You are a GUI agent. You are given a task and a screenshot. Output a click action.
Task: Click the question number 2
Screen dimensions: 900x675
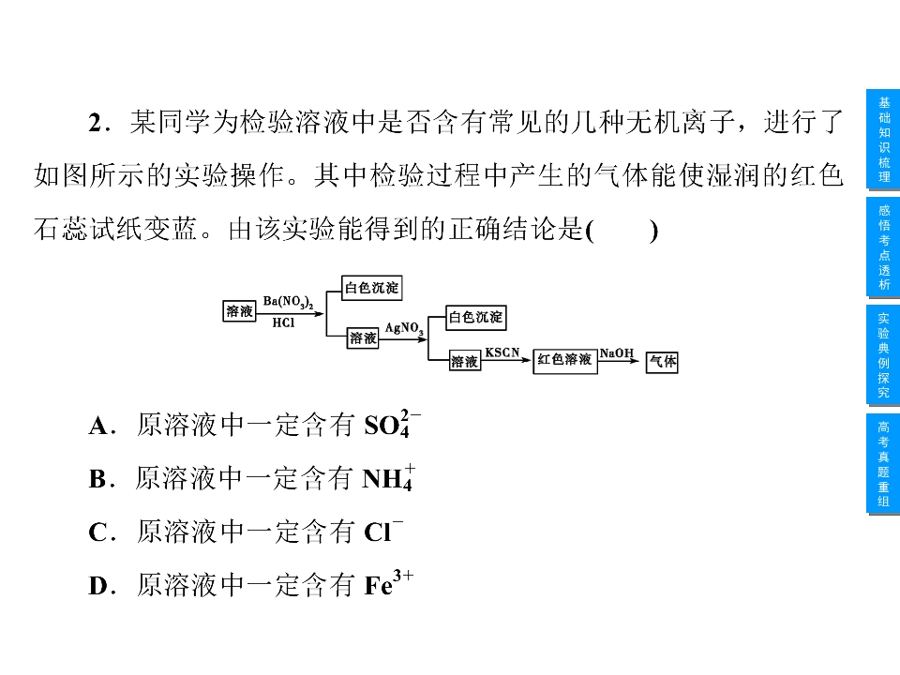coord(96,123)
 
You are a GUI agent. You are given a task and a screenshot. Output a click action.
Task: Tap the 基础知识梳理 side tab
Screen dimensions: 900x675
coord(883,140)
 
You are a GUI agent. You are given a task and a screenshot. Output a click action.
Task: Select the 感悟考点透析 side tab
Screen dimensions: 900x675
coord(883,247)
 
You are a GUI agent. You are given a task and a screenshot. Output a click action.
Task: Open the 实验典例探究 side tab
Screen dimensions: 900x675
coord(883,355)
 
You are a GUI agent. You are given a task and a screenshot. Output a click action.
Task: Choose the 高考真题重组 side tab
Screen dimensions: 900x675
coord(883,464)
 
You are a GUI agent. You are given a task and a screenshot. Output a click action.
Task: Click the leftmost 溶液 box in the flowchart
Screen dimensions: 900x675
coord(239,311)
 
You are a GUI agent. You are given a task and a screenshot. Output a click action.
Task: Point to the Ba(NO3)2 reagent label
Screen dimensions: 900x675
coord(288,302)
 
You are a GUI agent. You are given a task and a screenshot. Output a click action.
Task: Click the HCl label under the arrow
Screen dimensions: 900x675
coord(283,322)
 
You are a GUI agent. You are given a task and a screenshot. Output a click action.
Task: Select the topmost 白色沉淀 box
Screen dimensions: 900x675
coord(371,288)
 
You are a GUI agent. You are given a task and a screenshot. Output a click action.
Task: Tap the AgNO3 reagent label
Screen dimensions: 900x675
coord(404,328)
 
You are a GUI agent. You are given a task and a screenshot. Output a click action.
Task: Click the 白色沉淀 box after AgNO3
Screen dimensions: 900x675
coord(476,318)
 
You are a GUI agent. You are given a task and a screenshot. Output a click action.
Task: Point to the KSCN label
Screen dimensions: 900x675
coord(502,352)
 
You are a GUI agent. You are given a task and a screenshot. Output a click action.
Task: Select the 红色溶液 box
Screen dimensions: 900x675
coord(564,361)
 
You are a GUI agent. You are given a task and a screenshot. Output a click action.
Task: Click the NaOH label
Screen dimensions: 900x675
coord(617,353)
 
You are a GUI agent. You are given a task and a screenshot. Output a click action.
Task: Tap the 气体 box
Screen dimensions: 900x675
coord(663,362)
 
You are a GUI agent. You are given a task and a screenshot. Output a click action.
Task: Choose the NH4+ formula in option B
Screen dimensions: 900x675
coord(388,477)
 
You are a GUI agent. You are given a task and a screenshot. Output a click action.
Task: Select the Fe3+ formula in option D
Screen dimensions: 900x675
coord(388,583)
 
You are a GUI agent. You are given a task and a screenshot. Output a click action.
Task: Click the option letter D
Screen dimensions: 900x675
coord(97,586)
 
